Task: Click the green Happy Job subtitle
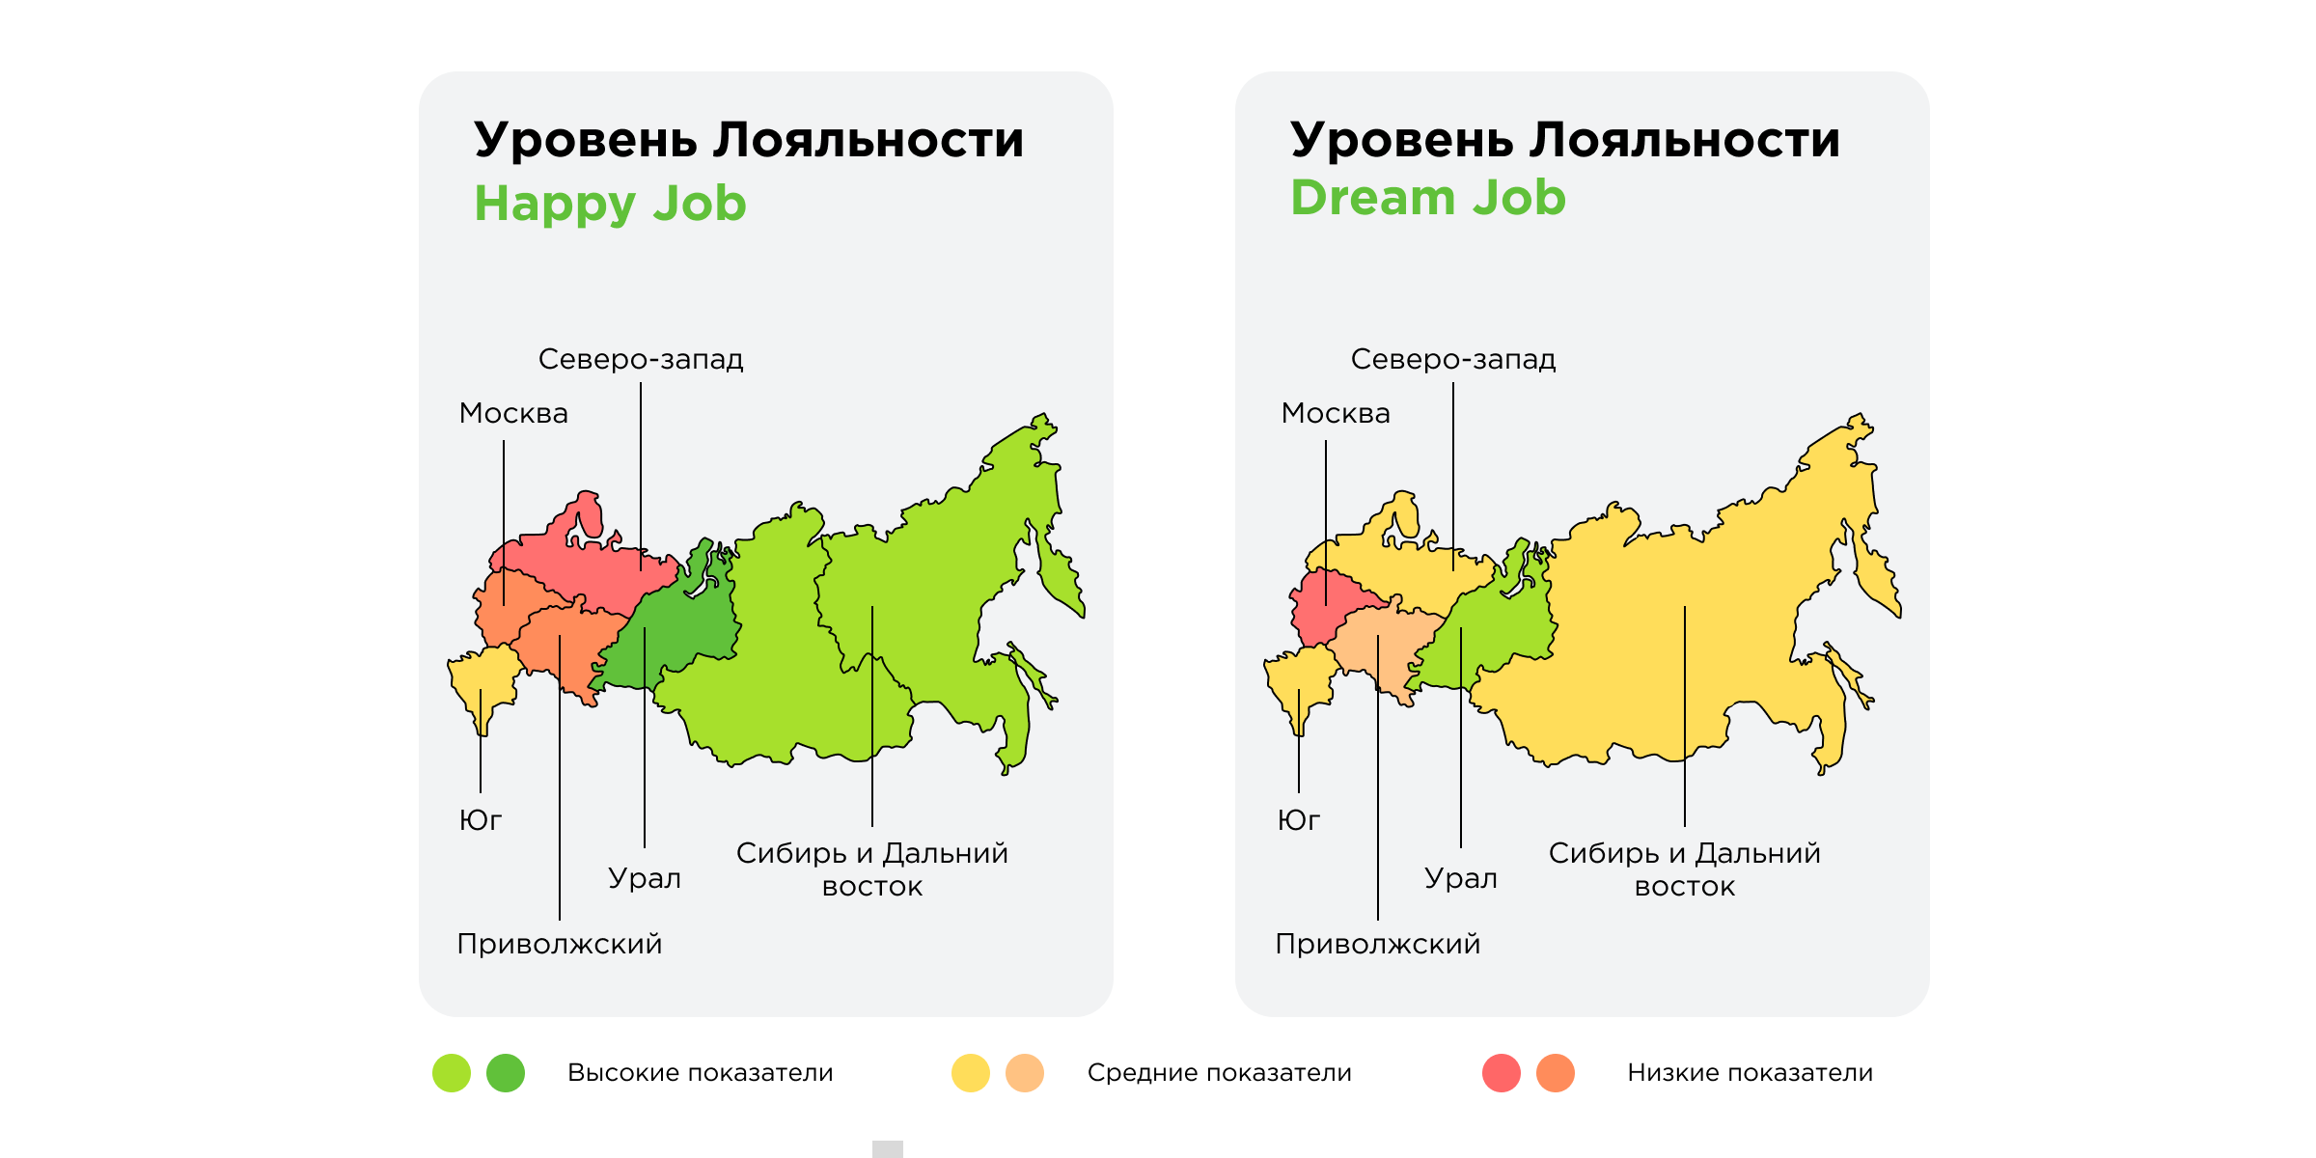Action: (x=610, y=204)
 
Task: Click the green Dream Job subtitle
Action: (x=1427, y=198)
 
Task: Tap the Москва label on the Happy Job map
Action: (x=513, y=413)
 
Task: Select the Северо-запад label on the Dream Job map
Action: (x=1452, y=359)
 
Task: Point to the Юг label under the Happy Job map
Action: (x=480, y=820)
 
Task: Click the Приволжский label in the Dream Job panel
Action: (x=1377, y=944)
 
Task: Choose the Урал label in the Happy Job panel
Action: (x=644, y=878)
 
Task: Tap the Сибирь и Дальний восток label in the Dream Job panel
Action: (x=1684, y=868)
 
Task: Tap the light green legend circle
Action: (x=452, y=1073)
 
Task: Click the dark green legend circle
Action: (x=506, y=1073)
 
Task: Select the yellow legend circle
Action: (x=971, y=1073)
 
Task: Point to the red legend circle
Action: (x=1502, y=1073)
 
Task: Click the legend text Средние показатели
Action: (x=1219, y=1073)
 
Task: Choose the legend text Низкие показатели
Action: (x=1750, y=1073)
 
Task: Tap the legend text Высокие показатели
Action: (x=700, y=1073)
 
